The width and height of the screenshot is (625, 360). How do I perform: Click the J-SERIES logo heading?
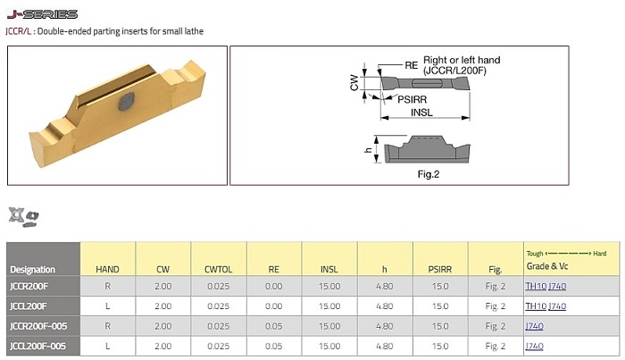(x=42, y=14)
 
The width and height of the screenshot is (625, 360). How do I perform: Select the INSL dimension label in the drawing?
(x=422, y=113)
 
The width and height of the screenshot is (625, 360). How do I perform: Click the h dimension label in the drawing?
(x=368, y=150)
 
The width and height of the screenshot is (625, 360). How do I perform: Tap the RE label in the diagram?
(x=411, y=65)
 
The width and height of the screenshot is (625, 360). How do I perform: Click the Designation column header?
(x=32, y=269)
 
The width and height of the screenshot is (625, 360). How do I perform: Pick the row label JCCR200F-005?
(x=38, y=326)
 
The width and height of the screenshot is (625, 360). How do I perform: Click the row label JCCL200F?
(x=30, y=306)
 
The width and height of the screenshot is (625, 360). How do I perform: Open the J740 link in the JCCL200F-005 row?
(x=534, y=346)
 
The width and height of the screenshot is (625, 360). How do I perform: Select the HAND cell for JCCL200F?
(x=107, y=306)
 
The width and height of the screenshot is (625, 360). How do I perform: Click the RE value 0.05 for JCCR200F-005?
(x=274, y=326)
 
